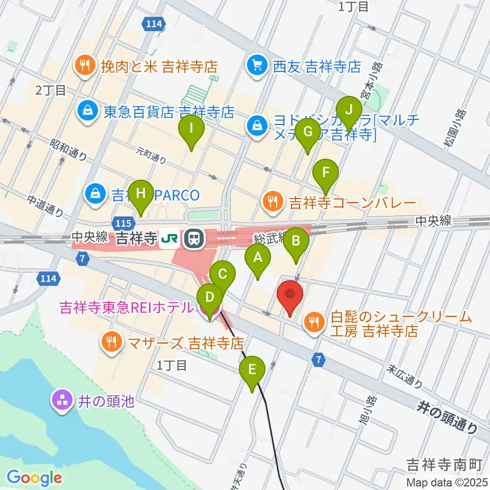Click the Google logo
pyautogui.click(x=35, y=478)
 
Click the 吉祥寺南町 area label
pyautogui.click(x=444, y=465)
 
